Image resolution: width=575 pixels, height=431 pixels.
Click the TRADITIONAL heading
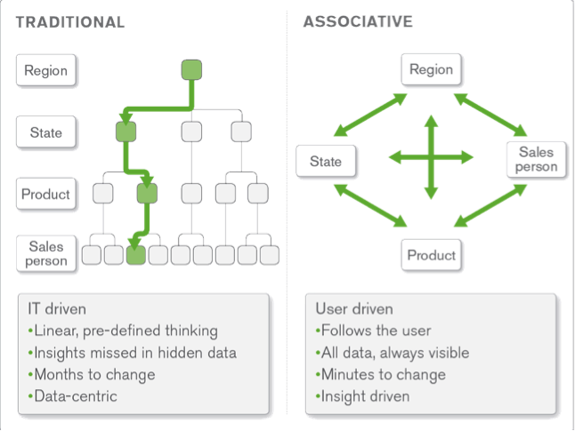pos(69,21)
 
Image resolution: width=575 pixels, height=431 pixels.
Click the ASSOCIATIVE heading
pos(357,21)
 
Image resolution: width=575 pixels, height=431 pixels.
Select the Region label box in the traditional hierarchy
pos(46,70)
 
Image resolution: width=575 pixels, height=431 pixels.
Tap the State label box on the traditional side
pos(46,132)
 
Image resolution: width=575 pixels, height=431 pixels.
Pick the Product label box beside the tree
pos(46,194)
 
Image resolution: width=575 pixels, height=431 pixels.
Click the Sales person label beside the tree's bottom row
pos(46,253)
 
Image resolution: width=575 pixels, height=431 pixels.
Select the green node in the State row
pos(126,132)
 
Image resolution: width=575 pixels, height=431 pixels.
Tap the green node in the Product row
pos(147,193)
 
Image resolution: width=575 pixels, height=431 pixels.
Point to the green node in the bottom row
pos(135,256)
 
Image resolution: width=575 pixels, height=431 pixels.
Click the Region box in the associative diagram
pos(431,69)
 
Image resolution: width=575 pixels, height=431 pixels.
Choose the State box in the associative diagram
pos(326,162)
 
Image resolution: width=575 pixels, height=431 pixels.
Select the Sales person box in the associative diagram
pos(537,159)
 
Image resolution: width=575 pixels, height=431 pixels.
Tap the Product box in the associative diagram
pos(431,255)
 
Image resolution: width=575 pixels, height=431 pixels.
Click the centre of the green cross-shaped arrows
pos(431,158)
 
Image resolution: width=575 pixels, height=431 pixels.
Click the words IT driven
pos(57,309)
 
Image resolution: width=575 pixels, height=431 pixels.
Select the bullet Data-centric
pos(74,395)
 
